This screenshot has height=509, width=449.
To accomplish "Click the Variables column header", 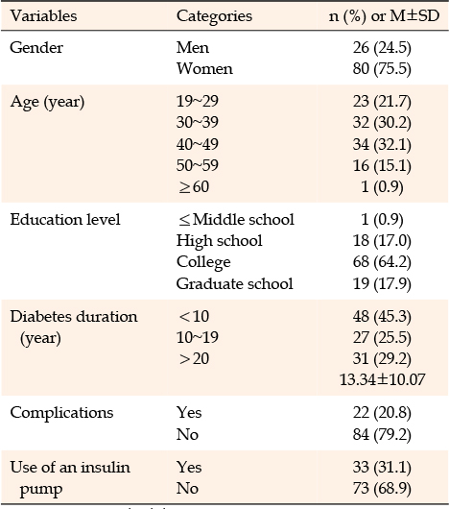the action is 43,16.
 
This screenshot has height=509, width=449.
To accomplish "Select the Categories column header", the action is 214,16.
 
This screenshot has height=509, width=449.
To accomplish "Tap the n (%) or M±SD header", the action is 384,16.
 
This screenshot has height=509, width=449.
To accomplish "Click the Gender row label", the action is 36,48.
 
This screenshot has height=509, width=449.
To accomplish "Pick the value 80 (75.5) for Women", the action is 382,69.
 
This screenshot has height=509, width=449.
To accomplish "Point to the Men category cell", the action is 193,48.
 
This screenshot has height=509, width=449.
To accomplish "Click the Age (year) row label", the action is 47,102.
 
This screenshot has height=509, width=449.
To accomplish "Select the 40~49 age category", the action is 198,144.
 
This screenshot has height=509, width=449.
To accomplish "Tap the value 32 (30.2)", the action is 382,122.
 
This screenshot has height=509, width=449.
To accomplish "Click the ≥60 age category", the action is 194,187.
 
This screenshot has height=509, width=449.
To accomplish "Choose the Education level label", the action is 65,219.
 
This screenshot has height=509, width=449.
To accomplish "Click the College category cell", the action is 203,262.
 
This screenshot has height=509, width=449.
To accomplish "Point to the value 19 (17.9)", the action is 382,283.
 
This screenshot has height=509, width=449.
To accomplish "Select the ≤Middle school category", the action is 237,219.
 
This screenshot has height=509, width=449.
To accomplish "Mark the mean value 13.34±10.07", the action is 382,379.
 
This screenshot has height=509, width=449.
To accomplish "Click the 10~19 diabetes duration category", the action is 198,338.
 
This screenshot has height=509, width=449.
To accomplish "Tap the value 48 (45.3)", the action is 382,317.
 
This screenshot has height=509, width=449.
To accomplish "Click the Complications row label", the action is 61,413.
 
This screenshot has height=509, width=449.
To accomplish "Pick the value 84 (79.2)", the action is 382,435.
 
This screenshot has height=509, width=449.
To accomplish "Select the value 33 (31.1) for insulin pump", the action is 382,468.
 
